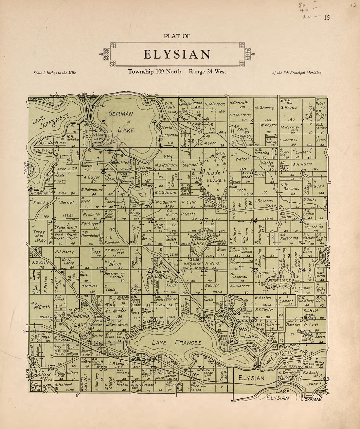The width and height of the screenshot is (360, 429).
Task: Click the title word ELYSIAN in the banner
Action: (177, 54)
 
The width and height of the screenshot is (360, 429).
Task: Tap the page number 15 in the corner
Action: (327, 18)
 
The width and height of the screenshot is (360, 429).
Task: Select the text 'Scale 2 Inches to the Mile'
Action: (55, 73)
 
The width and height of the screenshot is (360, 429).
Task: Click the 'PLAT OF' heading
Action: (177, 36)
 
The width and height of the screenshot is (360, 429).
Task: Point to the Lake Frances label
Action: (176, 342)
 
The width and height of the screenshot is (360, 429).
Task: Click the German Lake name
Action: (121, 122)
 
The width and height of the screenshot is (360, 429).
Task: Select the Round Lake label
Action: (81, 320)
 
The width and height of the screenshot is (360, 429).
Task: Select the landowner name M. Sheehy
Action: (264, 108)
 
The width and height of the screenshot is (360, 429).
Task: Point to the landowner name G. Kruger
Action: (289, 107)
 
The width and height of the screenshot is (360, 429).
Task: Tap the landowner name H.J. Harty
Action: (64, 252)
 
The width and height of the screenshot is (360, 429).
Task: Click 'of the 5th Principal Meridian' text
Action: (297, 73)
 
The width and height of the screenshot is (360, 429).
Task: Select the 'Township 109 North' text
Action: (155, 72)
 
